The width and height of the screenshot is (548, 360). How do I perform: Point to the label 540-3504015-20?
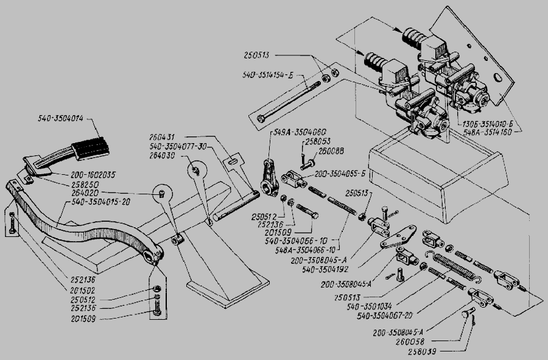(x=99, y=200)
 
